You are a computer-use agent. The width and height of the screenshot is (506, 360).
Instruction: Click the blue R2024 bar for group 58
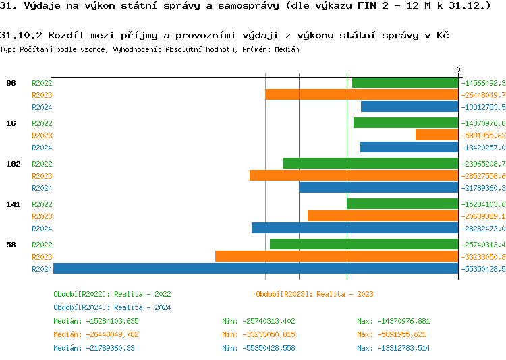[256, 268]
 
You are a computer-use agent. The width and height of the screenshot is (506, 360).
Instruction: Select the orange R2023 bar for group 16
[437, 135]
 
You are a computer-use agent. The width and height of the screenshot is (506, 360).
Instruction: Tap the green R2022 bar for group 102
[370, 163]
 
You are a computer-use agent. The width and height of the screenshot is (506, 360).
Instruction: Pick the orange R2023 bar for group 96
[362, 94]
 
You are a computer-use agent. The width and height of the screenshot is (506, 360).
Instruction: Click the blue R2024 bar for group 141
[355, 228]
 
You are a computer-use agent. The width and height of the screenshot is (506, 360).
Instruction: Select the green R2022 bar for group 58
[364, 244]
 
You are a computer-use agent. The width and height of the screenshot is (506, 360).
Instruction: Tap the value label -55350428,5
[483, 269]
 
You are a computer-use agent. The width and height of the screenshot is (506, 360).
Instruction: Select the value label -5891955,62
[483, 136]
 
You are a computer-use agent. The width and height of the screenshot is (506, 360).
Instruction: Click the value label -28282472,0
[483, 229]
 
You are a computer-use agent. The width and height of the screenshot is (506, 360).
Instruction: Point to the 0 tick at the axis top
[458, 69]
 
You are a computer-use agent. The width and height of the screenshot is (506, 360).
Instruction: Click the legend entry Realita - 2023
[314, 294]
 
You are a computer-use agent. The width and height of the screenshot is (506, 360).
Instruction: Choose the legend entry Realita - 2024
[112, 307]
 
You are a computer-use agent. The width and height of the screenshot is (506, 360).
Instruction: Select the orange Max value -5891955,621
[393, 334]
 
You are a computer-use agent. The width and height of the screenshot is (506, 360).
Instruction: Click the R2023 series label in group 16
[42, 136]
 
